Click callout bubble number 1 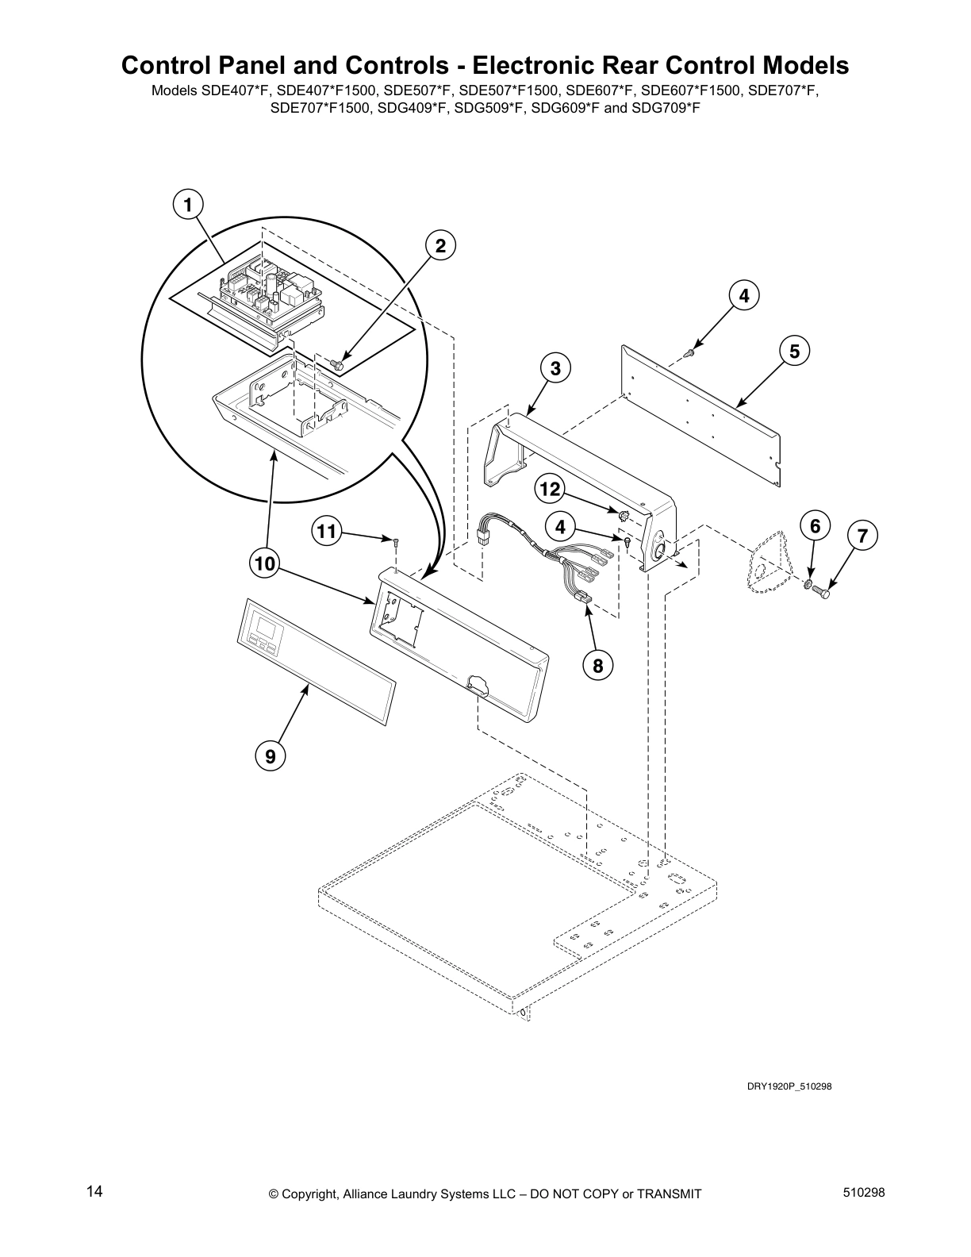[x=187, y=206]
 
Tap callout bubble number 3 [x=555, y=368]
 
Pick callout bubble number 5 [x=794, y=350]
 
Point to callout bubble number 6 [x=815, y=525]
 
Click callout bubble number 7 [x=863, y=536]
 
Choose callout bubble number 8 [x=597, y=666]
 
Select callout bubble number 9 [x=271, y=756]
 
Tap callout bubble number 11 [x=326, y=531]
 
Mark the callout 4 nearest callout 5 [x=743, y=295]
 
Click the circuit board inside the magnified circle [x=270, y=297]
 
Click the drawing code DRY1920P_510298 [x=789, y=1086]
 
